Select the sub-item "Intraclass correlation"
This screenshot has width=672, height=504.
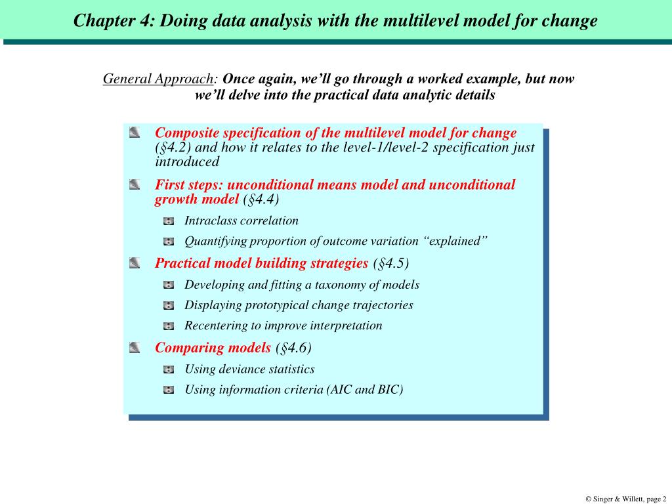click(x=241, y=220)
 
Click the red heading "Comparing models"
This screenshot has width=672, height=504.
click(x=213, y=348)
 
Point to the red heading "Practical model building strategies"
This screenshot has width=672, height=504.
click(x=261, y=264)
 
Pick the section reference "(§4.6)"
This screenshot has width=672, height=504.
click(x=293, y=348)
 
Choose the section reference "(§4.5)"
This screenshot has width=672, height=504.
click(x=390, y=264)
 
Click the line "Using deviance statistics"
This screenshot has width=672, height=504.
click(x=249, y=369)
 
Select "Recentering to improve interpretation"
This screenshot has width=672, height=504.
click(x=283, y=325)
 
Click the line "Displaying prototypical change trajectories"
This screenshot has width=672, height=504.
click(x=299, y=305)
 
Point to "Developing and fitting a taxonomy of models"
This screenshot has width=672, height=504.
click(x=302, y=285)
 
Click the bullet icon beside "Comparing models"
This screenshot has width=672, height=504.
click(x=135, y=347)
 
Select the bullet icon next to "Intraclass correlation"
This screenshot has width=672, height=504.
click(x=169, y=221)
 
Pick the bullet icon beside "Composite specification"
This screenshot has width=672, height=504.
click(x=135, y=133)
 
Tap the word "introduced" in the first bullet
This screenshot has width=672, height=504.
click(x=187, y=162)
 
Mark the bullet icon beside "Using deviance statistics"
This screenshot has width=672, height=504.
click(x=169, y=369)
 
